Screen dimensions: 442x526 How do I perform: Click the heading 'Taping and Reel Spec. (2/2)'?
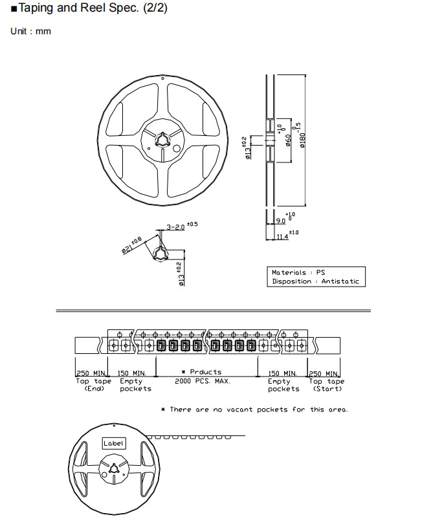(93, 8)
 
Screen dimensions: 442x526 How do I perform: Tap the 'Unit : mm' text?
(30, 31)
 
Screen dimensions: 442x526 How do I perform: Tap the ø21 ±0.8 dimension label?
(131, 245)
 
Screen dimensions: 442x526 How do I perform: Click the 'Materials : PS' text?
(298, 272)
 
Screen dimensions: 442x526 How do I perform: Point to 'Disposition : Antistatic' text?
(315, 281)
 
